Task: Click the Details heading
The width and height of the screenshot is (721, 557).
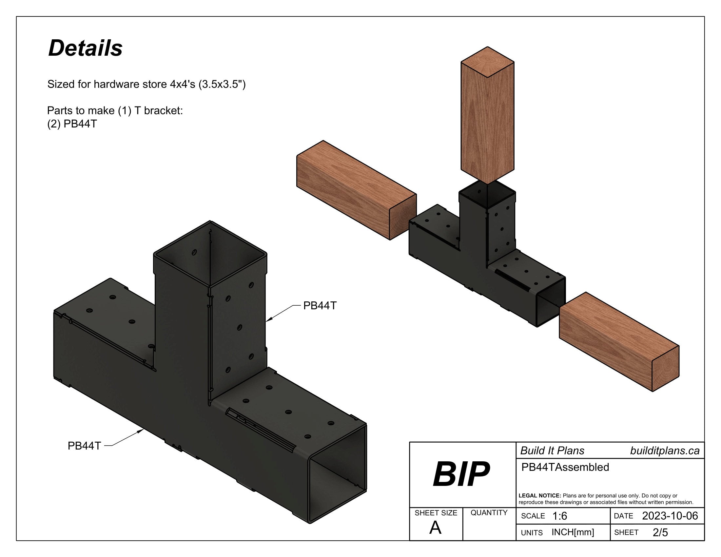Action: pyautogui.click(x=85, y=48)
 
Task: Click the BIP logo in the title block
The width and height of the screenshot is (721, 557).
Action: pyautogui.click(x=461, y=474)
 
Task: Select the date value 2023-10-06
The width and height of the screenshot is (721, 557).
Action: pyautogui.click(x=670, y=516)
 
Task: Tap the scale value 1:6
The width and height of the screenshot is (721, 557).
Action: pyautogui.click(x=559, y=516)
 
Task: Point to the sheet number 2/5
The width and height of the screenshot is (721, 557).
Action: pyautogui.click(x=660, y=532)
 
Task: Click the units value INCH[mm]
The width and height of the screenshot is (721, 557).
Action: pyautogui.click(x=573, y=532)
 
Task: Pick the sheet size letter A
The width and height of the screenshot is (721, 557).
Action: pyautogui.click(x=435, y=528)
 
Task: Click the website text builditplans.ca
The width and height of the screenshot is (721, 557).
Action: pyautogui.click(x=665, y=451)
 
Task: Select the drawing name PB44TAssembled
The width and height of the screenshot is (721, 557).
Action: pyautogui.click(x=565, y=467)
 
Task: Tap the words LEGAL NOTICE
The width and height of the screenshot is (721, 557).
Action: pyautogui.click(x=539, y=496)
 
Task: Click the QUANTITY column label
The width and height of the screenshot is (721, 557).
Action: pyautogui.click(x=489, y=512)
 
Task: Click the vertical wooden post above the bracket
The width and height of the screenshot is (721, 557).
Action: pyautogui.click(x=487, y=119)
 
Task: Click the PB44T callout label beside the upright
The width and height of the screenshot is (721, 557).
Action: pyautogui.click(x=320, y=306)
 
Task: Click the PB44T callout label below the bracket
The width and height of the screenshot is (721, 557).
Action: pyautogui.click(x=84, y=446)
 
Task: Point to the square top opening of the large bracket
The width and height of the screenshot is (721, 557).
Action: pyautogui.click(x=210, y=253)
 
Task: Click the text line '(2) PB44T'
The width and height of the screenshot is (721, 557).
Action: pyautogui.click(x=72, y=124)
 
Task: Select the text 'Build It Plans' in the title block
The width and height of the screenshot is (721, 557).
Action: pyautogui.click(x=552, y=451)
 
